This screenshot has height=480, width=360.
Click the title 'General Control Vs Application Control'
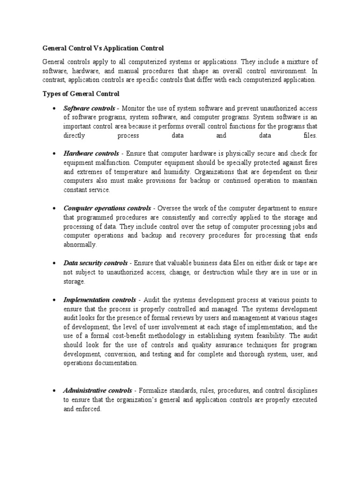coord(103,48)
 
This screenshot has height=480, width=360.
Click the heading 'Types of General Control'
coord(81,94)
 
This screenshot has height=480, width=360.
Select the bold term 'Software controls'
coord(89,109)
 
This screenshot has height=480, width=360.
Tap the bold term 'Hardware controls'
coord(91,154)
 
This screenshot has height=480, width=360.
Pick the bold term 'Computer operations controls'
coord(107,208)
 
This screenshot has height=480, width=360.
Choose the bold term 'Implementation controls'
coord(100,300)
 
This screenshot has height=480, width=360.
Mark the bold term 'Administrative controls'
coord(98,390)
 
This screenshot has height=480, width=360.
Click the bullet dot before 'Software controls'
coord(55,109)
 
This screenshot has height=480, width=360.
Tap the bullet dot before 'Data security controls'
coord(55,263)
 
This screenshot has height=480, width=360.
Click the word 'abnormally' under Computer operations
coord(80,245)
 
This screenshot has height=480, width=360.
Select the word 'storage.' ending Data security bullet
coord(75,282)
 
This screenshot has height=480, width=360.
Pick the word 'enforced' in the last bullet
coord(89,409)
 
